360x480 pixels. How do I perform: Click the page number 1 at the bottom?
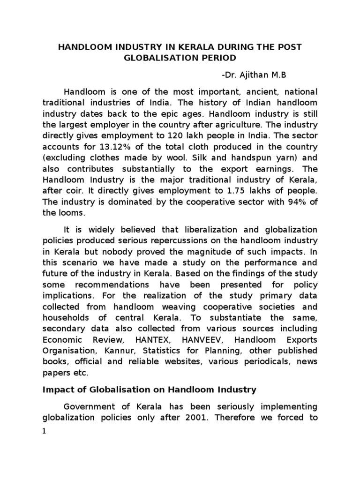point(44,432)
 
